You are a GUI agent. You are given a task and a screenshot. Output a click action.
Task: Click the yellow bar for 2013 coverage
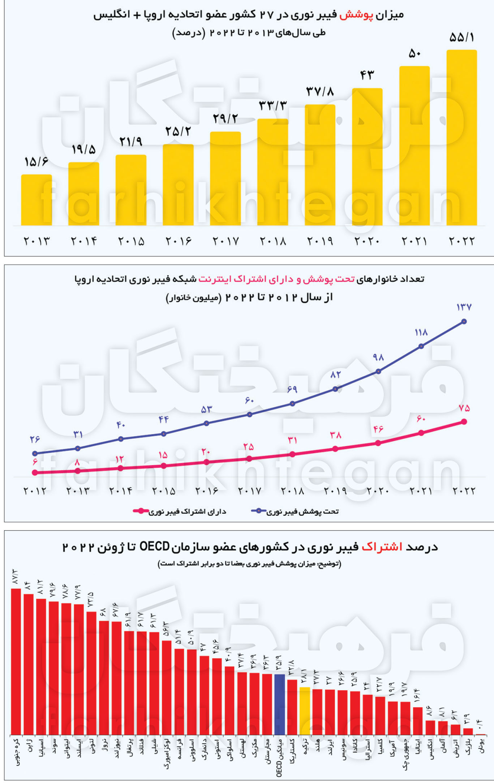[36, 200]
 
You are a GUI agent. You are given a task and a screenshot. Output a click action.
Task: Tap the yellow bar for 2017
[225, 179]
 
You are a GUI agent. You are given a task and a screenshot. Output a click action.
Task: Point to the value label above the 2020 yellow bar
[367, 75]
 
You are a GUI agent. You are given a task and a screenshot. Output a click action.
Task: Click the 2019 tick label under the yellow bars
[320, 241]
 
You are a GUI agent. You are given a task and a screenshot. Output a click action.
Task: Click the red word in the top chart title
[356, 15]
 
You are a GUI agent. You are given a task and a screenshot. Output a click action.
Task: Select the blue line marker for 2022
[464, 321]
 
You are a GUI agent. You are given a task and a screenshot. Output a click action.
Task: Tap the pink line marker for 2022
[464, 422]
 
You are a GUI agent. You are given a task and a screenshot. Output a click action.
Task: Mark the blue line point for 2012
[35, 454]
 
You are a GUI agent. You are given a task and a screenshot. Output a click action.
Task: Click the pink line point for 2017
[249, 459]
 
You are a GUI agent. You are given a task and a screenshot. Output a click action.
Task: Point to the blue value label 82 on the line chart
[335, 375]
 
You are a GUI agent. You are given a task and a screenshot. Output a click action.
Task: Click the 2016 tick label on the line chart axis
[207, 491]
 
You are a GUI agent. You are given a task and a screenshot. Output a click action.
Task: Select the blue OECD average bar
[280, 704]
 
